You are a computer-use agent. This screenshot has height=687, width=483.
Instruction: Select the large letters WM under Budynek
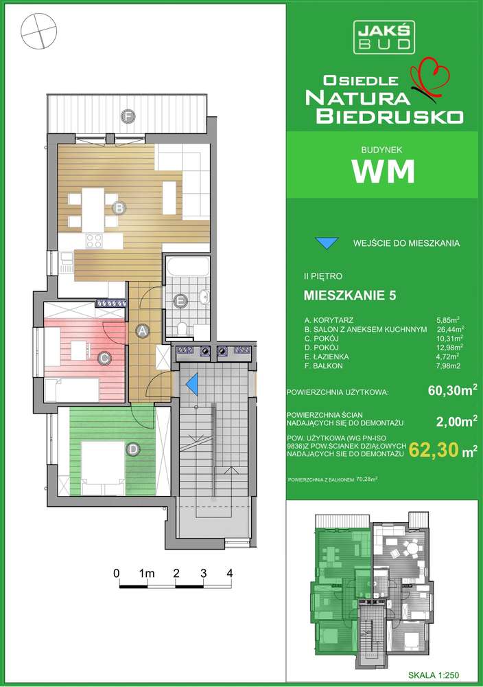click(x=384, y=171)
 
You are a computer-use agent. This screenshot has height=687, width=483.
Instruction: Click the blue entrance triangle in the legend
click(x=327, y=243)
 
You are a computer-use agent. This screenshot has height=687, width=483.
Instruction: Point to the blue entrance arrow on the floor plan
click(x=193, y=383)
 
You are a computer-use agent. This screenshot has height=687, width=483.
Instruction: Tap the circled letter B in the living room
click(x=118, y=207)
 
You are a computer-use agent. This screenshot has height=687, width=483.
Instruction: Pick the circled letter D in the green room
click(x=132, y=449)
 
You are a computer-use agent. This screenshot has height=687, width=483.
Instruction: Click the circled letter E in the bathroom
click(x=180, y=300)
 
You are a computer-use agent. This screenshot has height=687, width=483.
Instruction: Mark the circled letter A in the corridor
click(x=143, y=331)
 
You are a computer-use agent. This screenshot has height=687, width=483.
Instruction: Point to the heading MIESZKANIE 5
click(x=349, y=296)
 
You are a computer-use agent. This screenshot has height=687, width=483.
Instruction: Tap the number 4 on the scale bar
click(x=231, y=572)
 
